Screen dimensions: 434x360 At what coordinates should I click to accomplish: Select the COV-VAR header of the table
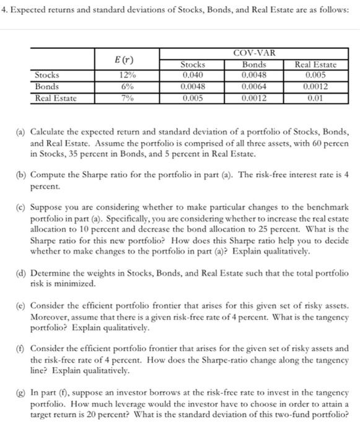(x=255, y=54)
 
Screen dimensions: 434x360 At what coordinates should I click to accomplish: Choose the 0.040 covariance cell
(x=192, y=75)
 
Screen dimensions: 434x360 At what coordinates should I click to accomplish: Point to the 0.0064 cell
(x=254, y=86)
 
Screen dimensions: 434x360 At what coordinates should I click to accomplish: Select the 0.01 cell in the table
(x=316, y=97)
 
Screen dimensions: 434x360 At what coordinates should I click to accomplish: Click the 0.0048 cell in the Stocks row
(x=254, y=75)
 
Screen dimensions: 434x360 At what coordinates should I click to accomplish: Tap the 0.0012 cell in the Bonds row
(x=316, y=86)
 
